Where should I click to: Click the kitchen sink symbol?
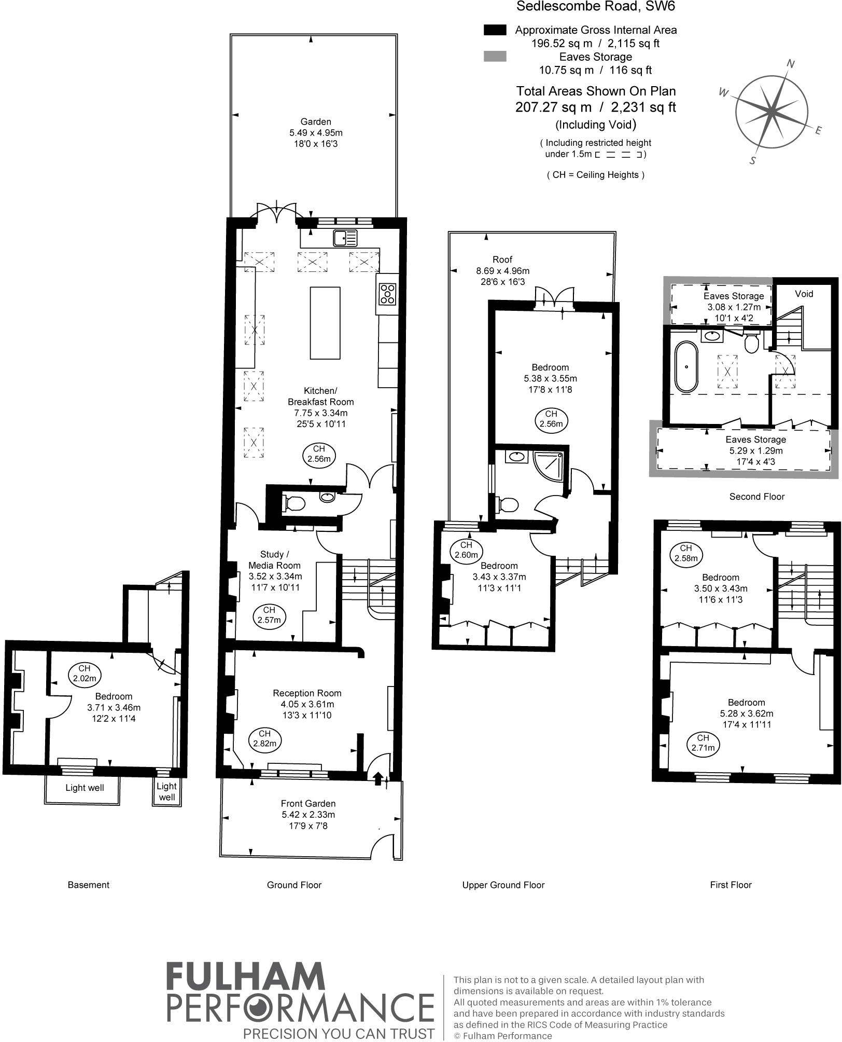pyautogui.click(x=345, y=238)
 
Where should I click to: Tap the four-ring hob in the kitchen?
pyautogui.click(x=388, y=294)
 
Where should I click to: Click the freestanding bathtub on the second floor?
pyautogui.click(x=686, y=366)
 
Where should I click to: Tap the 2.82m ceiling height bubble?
pyautogui.click(x=264, y=738)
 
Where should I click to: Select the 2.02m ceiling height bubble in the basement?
pyautogui.click(x=85, y=674)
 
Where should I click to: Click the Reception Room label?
pyautogui.click(x=307, y=693)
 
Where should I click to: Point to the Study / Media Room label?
pyautogui.click(x=274, y=560)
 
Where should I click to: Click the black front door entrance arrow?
pyautogui.click(x=378, y=777)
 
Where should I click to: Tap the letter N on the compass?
pyautogui.click(x=791, y=64)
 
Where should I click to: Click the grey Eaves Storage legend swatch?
pyautogui.click(x=495, y=57)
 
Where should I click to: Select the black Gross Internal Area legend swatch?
pyautogui.click(x=495, y=30)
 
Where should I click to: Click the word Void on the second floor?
pyautogui.click(x=804, y=294)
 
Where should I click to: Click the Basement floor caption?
pyautogui.click(x=88, y=885)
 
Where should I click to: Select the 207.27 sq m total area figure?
pyautogui.click(x=553, y=107)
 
